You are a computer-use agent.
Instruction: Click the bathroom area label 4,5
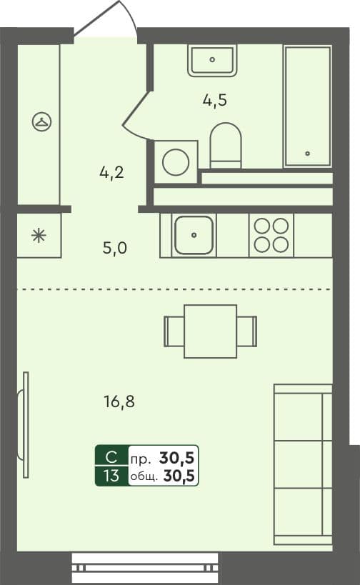click(215, 101)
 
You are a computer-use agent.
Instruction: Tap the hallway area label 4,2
click(111, 173)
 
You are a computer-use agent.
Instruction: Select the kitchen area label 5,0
click(115, 248)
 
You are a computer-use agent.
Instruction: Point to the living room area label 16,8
click(119, 402)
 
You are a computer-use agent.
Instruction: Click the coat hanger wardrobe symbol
click(41, 121)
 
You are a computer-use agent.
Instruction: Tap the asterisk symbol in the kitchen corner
click(39, 236)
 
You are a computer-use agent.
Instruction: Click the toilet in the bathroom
click(225, 146)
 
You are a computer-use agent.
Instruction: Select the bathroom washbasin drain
click(212, 59)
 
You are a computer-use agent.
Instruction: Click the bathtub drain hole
click(307, 154)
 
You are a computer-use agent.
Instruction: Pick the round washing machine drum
click(176, 162)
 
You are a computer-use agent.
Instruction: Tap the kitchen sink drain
click(194, 235)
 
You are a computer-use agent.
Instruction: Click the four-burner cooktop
click(271, 236)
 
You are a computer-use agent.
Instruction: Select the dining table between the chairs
click(211, 331)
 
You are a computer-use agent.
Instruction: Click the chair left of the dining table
click(174, 331)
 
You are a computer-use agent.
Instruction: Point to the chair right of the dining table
click(246, 331)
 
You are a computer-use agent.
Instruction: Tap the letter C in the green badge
click(111, 456)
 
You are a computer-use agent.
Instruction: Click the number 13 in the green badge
click(111, 476)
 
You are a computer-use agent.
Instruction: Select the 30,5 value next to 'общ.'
click(179, 476)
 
